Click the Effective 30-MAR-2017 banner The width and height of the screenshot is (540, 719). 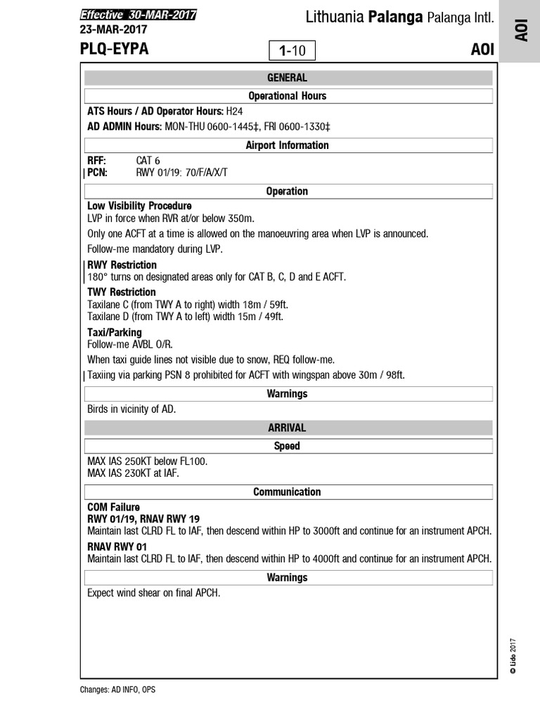[x=138, y=15]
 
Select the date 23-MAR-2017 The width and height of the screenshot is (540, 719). [x=115, y=29]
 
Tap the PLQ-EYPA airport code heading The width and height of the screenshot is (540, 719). [x=114, y=49]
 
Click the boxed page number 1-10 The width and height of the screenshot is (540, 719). [x=292, y=51]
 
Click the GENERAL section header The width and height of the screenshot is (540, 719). [x=287, y=78]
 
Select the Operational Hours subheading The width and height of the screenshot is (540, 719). [x=287, y=95]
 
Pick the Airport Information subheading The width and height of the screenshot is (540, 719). [x=287, y=145]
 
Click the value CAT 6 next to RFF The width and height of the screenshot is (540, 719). [x=148, y=161]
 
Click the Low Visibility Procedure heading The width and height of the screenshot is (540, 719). [x=139, y=206]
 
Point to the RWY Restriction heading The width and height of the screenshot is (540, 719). [x=122, y=265]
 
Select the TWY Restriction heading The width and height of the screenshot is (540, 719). [x=122, y=292]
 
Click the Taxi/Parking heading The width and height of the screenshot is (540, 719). [x=114, y=332]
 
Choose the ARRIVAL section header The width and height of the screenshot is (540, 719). [x=287, y=428]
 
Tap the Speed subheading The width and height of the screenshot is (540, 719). [x=287, y=446]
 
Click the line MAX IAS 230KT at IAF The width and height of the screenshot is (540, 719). [x=133, y=473]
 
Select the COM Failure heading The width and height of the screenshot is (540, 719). [x=113, y=507]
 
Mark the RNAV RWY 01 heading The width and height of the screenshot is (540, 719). [x=117, y=546]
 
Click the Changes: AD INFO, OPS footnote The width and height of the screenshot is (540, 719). [x=117, y=690]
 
